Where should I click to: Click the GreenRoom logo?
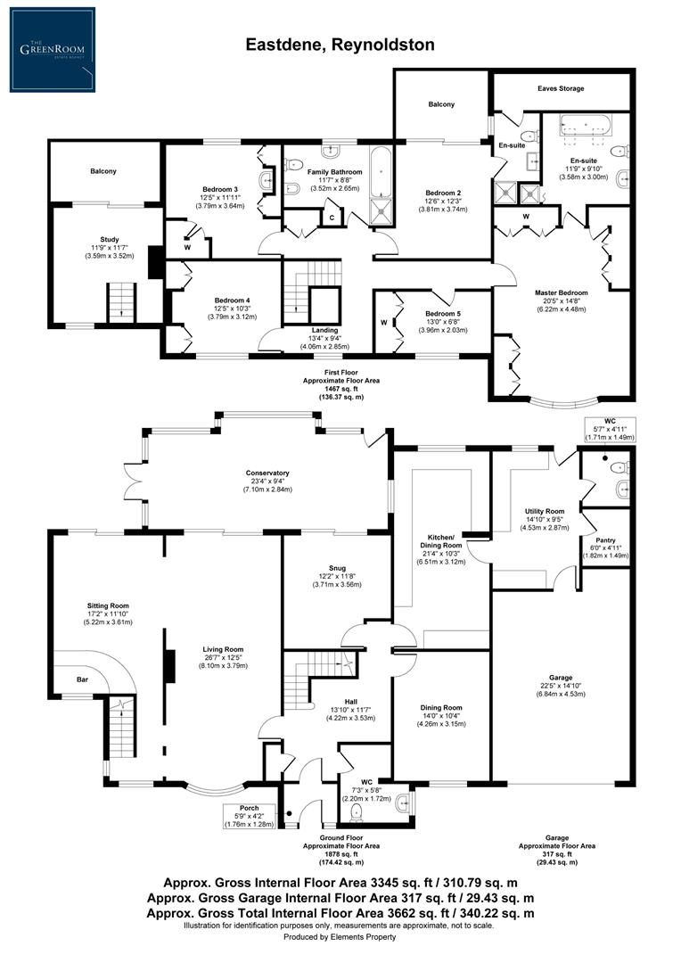click(53, 49)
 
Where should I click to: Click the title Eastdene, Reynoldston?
click(340, 44)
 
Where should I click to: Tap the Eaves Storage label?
click(561, 89)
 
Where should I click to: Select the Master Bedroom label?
click(561, 292)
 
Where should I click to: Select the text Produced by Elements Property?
click(340, 937)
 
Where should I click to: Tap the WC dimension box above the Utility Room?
click(609, 430)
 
